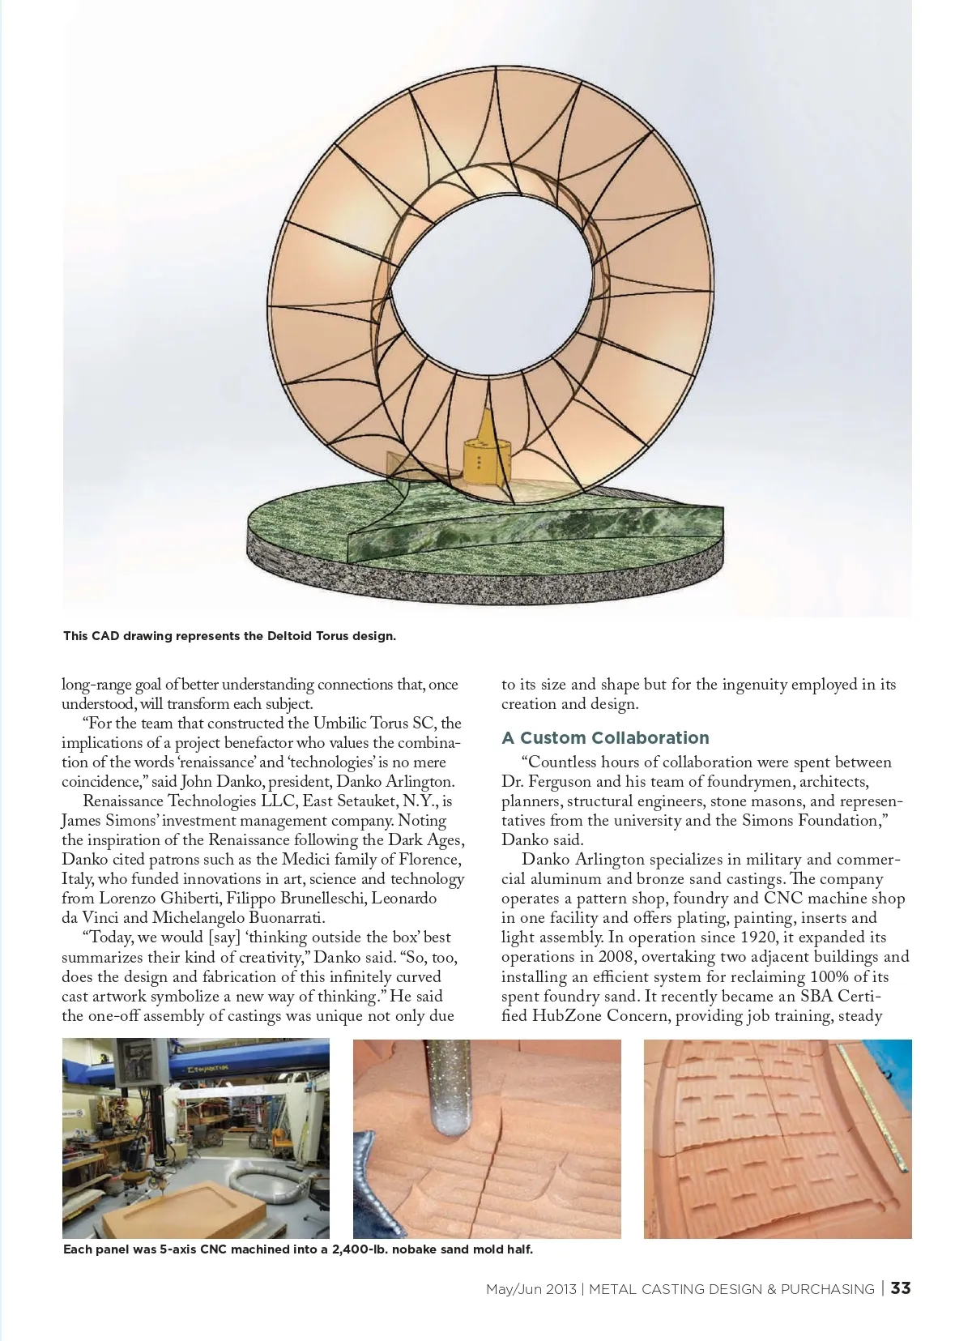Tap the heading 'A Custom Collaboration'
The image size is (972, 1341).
pyautogui.click(x=605, y=737)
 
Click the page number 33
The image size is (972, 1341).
pyautogui.click(x=901, y=1288)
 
